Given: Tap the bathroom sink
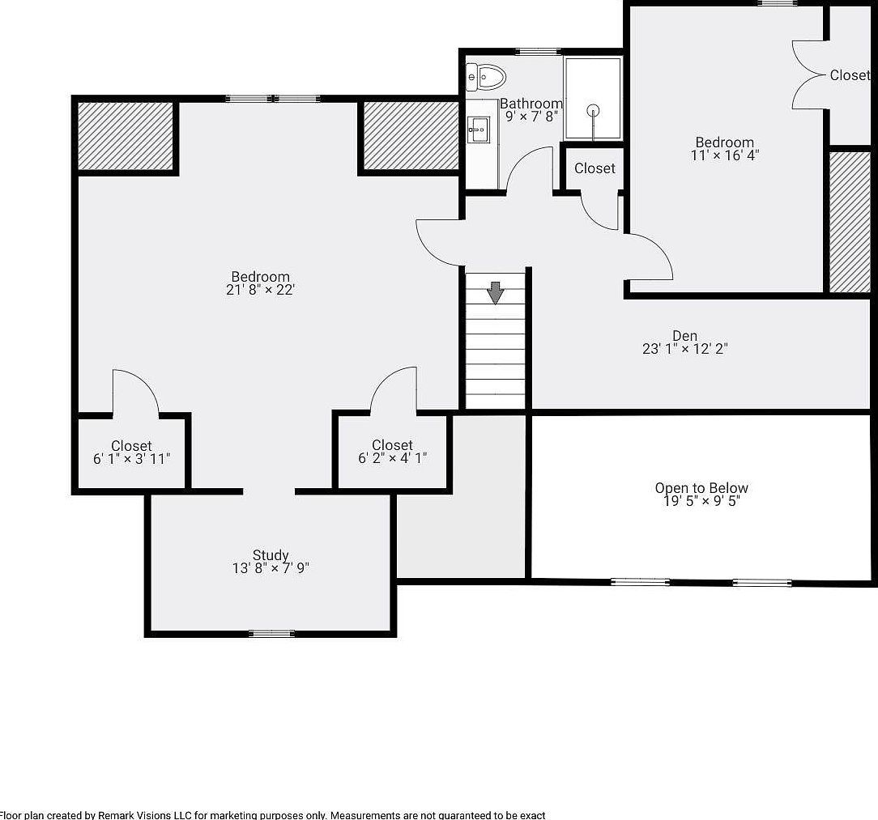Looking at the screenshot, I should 477,129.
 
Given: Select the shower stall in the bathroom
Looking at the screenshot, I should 593,98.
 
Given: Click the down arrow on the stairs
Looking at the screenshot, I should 496,291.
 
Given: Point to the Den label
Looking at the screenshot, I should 684,336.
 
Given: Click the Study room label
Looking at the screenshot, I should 271,555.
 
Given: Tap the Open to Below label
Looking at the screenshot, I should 701,488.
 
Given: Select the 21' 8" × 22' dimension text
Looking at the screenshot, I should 260,290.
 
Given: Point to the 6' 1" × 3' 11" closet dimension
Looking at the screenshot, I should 131,459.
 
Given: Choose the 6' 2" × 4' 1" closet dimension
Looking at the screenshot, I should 392,458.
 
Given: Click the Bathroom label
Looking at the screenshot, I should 531,104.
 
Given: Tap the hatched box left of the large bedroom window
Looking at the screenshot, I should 126,136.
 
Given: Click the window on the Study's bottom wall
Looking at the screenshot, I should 271,633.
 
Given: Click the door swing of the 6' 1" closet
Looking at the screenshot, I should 134,393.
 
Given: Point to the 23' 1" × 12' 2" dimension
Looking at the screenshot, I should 684,350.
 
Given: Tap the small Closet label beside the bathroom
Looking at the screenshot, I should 595,168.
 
